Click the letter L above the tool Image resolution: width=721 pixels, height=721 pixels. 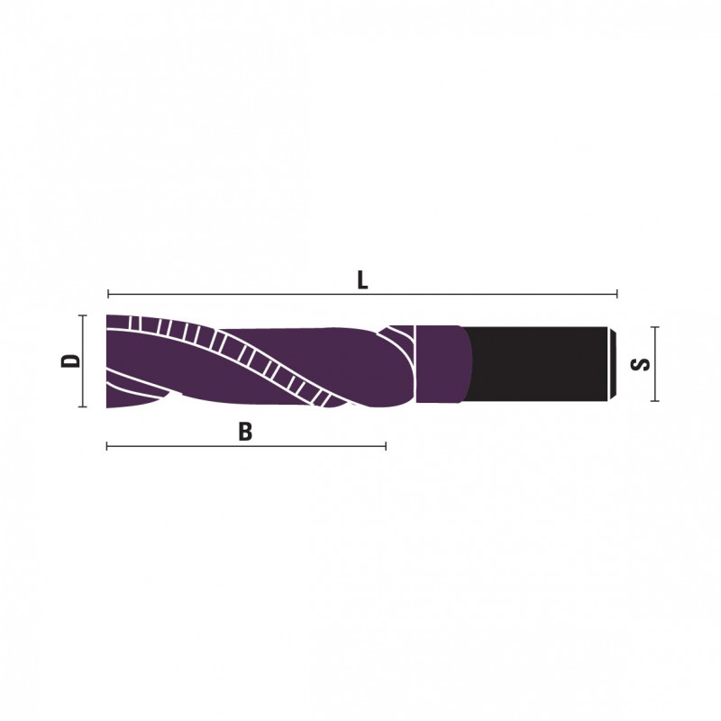362,280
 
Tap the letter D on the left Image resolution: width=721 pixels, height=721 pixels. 71,360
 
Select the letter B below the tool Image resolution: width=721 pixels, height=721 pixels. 245,432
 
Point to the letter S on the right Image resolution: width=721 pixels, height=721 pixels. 641,364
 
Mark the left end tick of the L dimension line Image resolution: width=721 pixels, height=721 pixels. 108,294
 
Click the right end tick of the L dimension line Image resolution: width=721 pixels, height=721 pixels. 616,294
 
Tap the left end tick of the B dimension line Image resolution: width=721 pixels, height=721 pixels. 107,446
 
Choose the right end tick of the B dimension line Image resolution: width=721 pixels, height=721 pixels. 386,446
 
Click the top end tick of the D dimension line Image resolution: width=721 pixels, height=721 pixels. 83,315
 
